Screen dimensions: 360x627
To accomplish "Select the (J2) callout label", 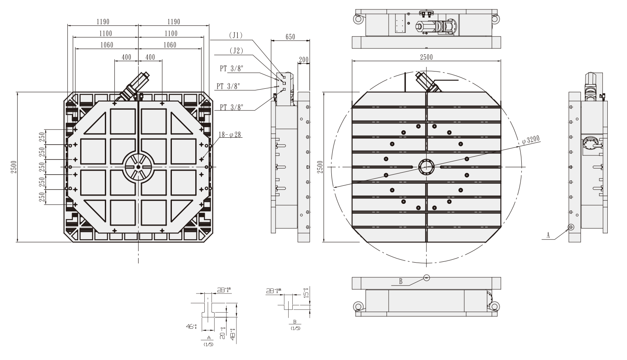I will (236, 51).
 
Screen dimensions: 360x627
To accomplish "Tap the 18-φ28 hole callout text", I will (230, 134).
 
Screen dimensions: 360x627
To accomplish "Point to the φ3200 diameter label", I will (530, 139).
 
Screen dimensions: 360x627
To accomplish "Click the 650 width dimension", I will (290, 37).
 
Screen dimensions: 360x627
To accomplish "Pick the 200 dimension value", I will (303, 60).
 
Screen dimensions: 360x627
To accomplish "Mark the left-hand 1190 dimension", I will (103, 22).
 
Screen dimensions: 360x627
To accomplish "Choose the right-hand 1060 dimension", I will (170, 45).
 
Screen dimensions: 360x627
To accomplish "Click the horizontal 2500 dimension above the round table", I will (426, 57).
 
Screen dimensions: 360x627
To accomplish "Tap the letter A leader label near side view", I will (548, 235).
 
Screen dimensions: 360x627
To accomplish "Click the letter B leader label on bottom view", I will (400, 282).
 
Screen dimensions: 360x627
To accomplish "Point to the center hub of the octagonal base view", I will (138, 167).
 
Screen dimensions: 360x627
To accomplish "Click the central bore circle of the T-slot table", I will (426, 167).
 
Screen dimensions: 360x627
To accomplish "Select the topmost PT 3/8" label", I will (231, 69).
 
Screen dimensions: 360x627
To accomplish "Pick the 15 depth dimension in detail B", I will (306, 295).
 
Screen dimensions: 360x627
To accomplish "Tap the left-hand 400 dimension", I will (126, 57).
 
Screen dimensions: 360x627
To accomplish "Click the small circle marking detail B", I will (426, 277).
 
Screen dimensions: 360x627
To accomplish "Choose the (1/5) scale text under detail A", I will (208, 344).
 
